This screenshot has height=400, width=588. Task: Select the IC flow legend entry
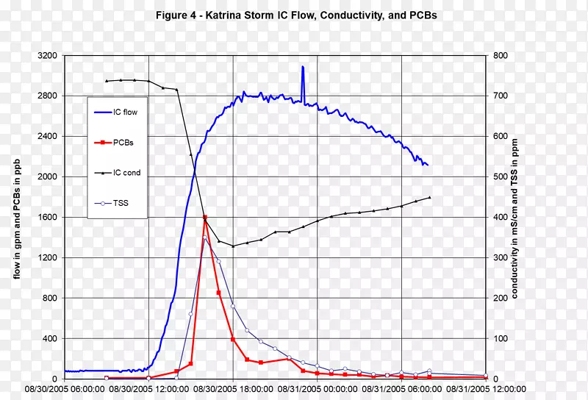(x=125, y=113)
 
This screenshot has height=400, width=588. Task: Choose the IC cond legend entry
(x=126, y=173)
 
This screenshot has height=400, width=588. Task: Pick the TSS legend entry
(x=121, y=203)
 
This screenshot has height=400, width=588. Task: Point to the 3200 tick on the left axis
(x=46, y=56)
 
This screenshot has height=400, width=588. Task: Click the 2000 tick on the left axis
(x=46, y=177)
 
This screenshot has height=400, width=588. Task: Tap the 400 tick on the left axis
(x=48, y=339)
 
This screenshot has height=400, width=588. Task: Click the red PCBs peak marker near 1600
(x=204, y=218)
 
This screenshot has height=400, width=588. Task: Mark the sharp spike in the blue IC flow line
(x=302, y=68)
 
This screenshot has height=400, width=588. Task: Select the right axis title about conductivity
(x=517, y=218)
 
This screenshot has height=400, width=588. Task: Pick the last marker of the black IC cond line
(x=429, y=197)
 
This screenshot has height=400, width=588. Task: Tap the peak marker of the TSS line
(x=204, y=238)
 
